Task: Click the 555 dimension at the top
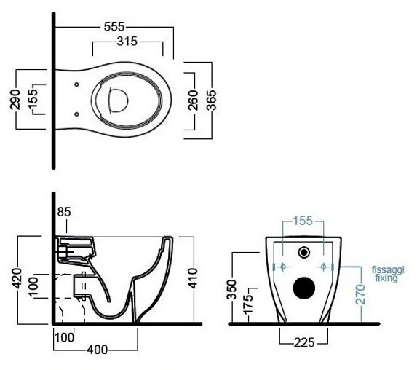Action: click(114, 27)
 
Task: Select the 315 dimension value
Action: click(127, 42)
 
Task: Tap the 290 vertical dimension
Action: click(15, 100)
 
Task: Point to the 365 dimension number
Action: click(212, 100)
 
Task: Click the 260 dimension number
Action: click(194, 100)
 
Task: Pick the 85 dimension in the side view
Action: click(64, 212)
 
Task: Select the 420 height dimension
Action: click(17, 278)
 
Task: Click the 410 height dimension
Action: click(193, 278)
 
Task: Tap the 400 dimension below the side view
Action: click(98, 350)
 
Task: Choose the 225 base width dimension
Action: click(304, 342)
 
